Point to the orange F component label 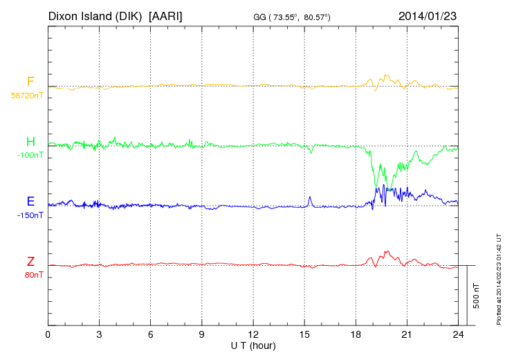[x=30, y=82]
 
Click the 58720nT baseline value [x=26, y=96]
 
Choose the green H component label [x=30, y=142]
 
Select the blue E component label [x=30, y=201]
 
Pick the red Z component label [x=30, y=262]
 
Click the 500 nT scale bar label [x=477, y=296]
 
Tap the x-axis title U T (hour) [x=253, y=345]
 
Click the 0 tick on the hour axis [x=48, y=334]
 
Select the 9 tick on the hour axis [x=202, y=334]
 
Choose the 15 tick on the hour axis [x=304, y=334]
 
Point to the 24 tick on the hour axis [x=458, y=334]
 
